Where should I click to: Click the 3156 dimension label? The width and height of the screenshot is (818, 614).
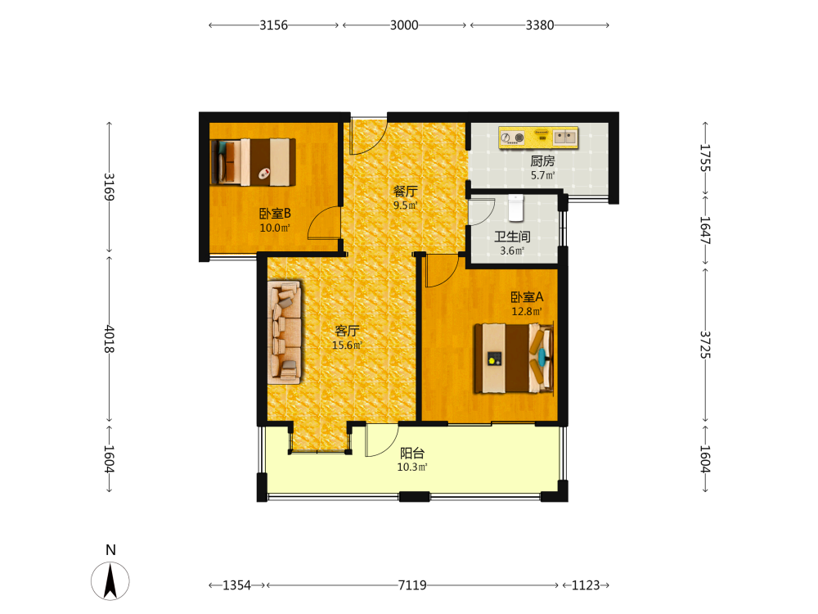tap(273, 25)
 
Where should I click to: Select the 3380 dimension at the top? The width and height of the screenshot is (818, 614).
tap(539, 25)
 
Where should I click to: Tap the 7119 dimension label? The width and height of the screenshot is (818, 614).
tap(412, 585)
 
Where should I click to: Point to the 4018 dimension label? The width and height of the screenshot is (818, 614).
tap(109, 339)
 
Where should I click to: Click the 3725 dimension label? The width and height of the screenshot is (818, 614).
tap(705, 345)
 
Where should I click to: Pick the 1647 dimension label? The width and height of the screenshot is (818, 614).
tap(705, 230)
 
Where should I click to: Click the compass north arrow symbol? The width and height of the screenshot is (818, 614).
tap(110, 580)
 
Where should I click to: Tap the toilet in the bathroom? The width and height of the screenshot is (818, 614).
tap(515, 208)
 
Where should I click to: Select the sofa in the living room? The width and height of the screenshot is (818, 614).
tap(285, 332)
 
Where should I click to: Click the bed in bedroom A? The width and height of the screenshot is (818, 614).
tap(514, 359)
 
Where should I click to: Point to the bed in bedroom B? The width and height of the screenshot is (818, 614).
tap(253, 162)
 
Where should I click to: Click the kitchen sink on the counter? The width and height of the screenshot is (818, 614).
tap(565, 138)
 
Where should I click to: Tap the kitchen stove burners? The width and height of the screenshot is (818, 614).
tap(512, 138)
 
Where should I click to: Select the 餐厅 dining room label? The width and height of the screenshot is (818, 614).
tap(405, 191)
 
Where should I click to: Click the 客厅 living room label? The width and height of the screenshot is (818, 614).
tap(347, 331)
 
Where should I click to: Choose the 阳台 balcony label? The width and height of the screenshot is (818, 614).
tap(412, 454)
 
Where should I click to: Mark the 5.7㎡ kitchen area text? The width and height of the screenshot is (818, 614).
tap(542, 175)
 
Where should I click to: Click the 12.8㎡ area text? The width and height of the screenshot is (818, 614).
tap(526, 312)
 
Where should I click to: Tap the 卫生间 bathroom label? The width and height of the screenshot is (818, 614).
tap(512, 237)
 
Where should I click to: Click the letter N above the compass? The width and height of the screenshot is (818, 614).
tap(110, 550)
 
